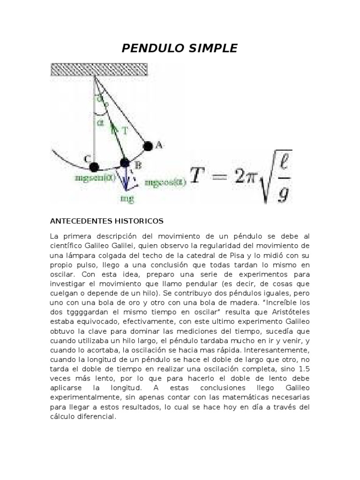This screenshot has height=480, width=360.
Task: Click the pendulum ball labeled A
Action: pyautogui.click(x=148, y=146)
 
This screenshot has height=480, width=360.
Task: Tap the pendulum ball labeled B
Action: pyautogui.click(x=124, y=163)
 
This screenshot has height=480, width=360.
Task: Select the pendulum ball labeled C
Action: pyautogui.click(x=94, y=166)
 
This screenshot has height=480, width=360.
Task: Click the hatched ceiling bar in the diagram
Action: pyautogui.click(x=99, y=70)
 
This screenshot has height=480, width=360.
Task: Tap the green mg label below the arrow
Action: pyautogui.click(x=127, y=198)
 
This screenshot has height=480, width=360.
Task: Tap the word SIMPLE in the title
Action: pyautogui.click(x=212, y=48)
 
